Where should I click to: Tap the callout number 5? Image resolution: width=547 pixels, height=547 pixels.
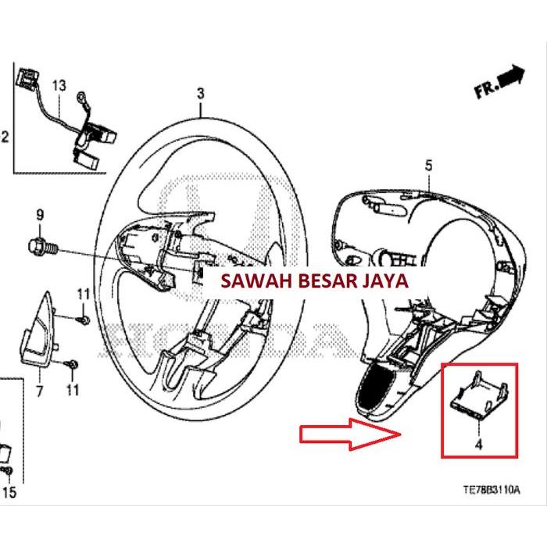coord(427,165)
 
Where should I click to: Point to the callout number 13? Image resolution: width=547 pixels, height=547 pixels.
coord(59,84)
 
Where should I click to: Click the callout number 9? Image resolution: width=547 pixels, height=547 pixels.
coord(40,214)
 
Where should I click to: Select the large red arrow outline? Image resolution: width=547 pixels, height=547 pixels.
coord(352,434)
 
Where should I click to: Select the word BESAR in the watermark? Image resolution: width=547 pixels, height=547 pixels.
coord(321,281)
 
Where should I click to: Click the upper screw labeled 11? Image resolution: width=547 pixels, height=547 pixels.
coord(84,320)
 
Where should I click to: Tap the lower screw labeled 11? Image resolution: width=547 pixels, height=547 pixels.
coord(73,363)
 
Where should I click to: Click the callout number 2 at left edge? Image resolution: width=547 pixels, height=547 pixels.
coord(5,138)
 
